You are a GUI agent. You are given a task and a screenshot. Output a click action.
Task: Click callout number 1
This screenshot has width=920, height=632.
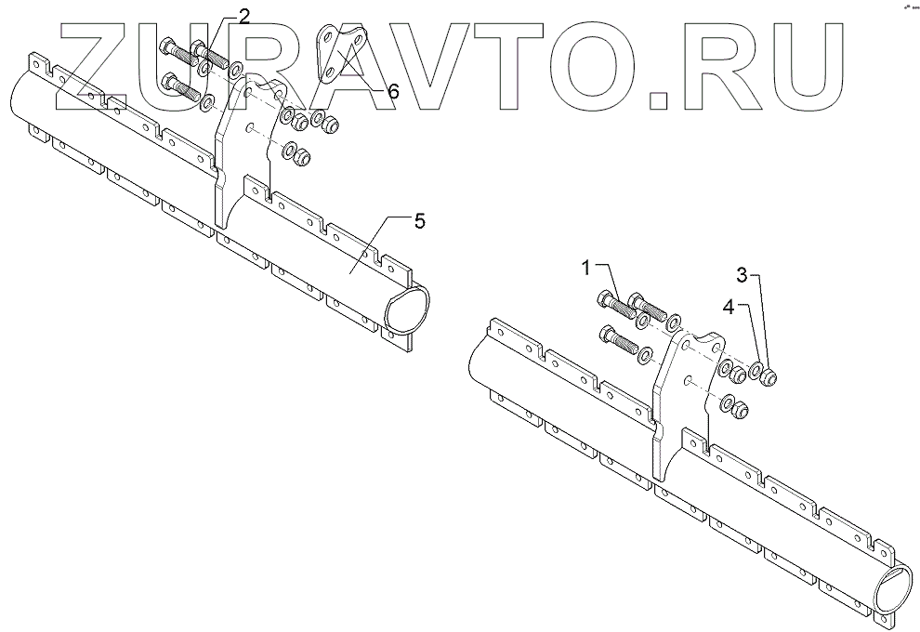tap(586, 269)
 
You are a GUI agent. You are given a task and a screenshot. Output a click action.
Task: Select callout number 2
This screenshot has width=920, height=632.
tap(243, 16)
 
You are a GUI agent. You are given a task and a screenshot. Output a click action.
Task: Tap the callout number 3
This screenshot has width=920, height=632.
tap(742, 275)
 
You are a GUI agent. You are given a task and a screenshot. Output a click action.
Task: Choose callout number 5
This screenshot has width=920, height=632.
tap(419, 221)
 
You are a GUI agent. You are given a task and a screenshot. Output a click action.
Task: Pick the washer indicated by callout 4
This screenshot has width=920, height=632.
tap(757, 374)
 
